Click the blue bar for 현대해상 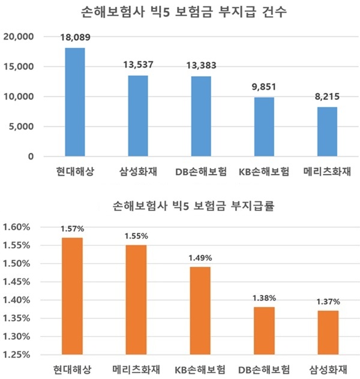click(x=75, y=102)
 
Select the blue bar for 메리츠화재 click(x=327, y=132)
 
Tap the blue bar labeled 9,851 click(x=264, y=127)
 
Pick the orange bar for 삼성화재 click(x=328, y=333)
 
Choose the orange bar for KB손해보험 click(x=200, y=311)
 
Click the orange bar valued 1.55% click(x=136, y=300)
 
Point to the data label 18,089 click(x=75, y=37)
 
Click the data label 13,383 click(x=201, y=65)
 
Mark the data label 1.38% click(x=264, y=298)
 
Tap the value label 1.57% click(x=72, y=228)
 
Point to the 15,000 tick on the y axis click(x=19, y=67)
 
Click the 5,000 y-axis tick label click(x=21, y=127)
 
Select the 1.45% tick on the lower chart click(x=16, y=282)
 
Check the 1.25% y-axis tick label click(x=16, y=355)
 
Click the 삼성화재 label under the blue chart click(x=138, y=172)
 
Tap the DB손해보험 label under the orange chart click(x=264, y=369)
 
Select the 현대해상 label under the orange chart click(x=72, y=369)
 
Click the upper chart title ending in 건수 click(x=184, y=12)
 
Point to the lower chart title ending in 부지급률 click(x=193, y=206)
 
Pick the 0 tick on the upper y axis click(x=31, y=157)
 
